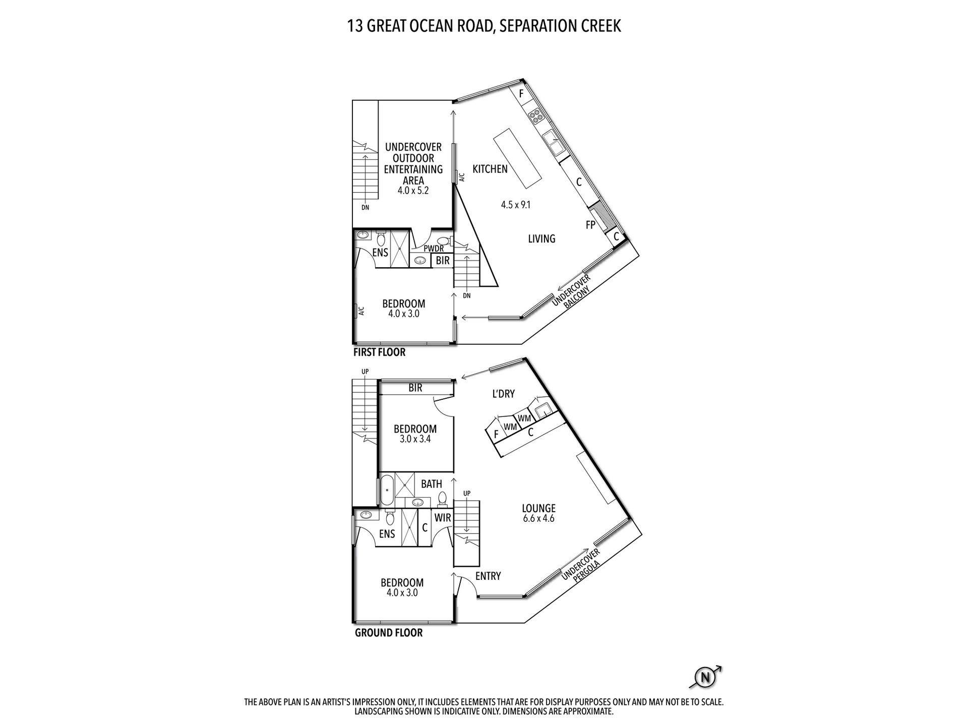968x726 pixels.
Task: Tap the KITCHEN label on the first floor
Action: click(490, 169)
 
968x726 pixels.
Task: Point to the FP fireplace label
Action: click(591, 225)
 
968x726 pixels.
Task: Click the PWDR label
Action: click(434, 249)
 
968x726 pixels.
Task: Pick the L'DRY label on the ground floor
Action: click(503, 394)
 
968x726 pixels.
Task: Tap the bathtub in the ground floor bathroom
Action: click(387, 489)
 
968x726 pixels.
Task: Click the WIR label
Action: click(443, 518)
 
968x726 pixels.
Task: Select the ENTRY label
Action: click(488, 576)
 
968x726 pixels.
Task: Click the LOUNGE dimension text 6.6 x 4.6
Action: click(538, 518)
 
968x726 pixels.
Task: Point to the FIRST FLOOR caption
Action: click(379, 352)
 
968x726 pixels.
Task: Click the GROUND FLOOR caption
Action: click(389, 632)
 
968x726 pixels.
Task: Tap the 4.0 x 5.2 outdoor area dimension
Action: click(413, 191)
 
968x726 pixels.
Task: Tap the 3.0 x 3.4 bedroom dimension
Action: click(415, 439)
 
